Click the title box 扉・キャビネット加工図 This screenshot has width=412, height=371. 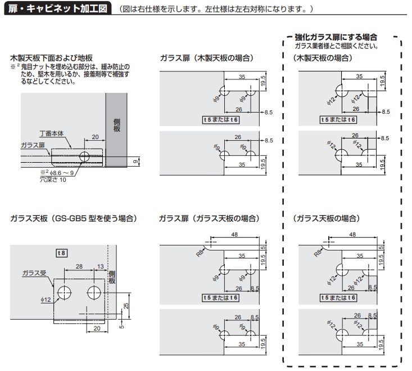pyautogui.click(x=57, y=9)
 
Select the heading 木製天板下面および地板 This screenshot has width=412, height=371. pyautogui.click(x=51, y=58)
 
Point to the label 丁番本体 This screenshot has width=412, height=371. pyautogui.click(x=52, y=133)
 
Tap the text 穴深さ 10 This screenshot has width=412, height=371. pyautogui.click(x=53, y=180)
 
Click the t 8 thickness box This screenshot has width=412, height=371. pyautogui.click(x=62, y=253)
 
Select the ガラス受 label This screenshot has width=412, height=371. pyautogui.click(x=33, y=273)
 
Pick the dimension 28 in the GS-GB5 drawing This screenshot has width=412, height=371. pyautogui.click(x=79, y=267)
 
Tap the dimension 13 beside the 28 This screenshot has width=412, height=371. pyautogui.click(x=100, y=267)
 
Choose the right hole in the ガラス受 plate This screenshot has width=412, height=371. pyautogui.click(x=93, y=292)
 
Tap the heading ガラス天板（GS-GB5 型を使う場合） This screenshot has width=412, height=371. pyautogui.click(x=74, y=218)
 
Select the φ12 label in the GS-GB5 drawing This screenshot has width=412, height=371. pyautogui.click(x=46, y=299)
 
